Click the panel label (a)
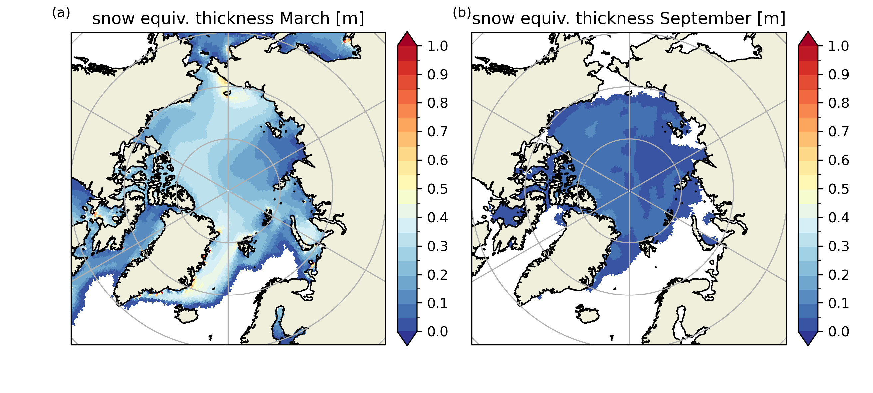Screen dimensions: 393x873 (x=61, y=13)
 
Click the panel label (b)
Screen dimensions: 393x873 (x=462, y=13)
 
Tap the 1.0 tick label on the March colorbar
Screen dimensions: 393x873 (x=437, y=46)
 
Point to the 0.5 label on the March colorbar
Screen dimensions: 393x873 (x=437, y=189)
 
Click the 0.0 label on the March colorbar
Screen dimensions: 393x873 (x=437, y=332)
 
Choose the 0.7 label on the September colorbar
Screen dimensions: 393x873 (x=839, y=131)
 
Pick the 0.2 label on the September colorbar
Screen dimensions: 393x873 (x=839, y=275)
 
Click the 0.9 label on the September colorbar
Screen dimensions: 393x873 (x=839, y=75)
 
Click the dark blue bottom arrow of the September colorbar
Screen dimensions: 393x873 (x=808, y=339)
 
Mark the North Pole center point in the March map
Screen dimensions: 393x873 (x=228, y=191)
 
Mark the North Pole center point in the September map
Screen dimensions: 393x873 (x=629, y=191)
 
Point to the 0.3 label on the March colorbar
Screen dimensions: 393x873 (x=437, y=246)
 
